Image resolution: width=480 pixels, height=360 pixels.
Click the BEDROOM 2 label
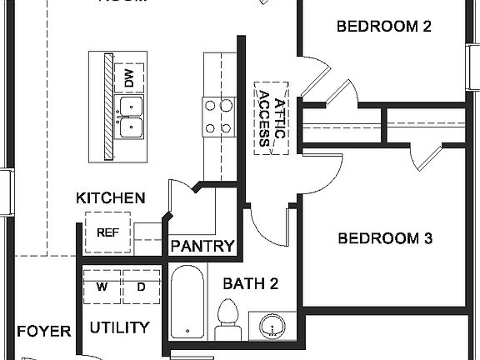tap(383, 26)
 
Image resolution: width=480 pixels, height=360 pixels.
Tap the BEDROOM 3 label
tap(384, 238)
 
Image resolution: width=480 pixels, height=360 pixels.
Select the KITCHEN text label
tap(111, 198)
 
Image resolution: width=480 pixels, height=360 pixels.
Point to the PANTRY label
tap(202, 246)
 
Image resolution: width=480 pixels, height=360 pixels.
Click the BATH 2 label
tap(250, 284)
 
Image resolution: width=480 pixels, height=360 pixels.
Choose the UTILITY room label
tap(119, 327)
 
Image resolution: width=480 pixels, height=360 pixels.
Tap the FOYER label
tap(43, 331)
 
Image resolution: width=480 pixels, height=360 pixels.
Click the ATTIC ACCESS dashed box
tap(272, 117)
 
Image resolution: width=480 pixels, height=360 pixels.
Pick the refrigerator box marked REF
tap(107, 232)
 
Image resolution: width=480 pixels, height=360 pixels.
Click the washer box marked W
tap(102, 287)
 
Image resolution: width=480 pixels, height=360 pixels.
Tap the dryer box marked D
tap(140, 287)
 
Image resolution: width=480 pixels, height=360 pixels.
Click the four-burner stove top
tap(218, 117)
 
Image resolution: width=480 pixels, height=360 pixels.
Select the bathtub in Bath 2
tap(187, 304)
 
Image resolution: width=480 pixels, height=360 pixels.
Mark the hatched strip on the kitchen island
tap(107, 107)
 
